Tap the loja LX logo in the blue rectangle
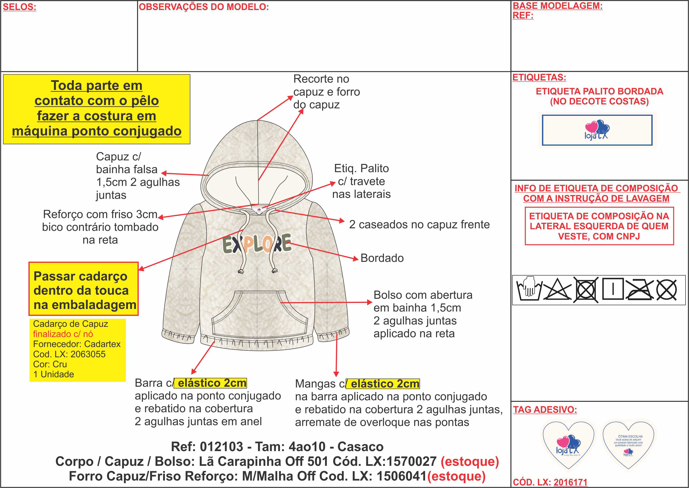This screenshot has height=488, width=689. [597, 130]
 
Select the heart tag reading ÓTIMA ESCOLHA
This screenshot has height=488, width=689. [628, 445]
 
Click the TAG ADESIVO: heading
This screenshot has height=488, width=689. [545, 409]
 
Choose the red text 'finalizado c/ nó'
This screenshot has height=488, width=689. [63, 334]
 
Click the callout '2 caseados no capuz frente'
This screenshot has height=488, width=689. [419, 224]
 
